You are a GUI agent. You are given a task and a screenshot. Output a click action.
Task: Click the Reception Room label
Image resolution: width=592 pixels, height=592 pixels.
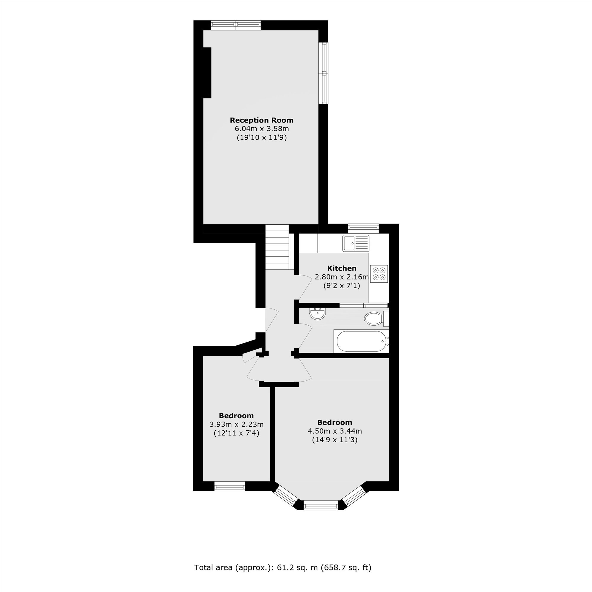[x=261, y=120]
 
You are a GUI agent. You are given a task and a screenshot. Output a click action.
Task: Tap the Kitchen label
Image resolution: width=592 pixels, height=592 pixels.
[x=342, y=268]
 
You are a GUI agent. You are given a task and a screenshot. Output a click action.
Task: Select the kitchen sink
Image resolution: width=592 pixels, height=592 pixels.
[x=356, y=243]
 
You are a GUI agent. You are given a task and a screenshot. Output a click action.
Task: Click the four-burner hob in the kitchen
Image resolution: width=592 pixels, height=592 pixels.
[x=379, y=274]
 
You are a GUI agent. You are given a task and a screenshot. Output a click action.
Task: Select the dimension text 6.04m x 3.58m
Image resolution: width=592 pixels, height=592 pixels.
[x=261, y=129]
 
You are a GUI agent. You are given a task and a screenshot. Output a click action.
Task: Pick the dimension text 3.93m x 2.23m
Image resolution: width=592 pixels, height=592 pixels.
[x=236, y=424]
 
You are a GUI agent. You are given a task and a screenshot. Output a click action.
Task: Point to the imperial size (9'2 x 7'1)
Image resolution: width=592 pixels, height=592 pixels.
[x=342, y=286]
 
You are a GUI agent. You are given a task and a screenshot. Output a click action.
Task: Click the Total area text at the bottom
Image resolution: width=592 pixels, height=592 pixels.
[x=282, y=568]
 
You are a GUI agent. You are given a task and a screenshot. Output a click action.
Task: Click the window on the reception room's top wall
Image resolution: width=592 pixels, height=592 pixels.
[x=236, y=25]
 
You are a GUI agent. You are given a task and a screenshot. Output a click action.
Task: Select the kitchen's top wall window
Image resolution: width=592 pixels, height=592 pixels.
[x=363, y=227]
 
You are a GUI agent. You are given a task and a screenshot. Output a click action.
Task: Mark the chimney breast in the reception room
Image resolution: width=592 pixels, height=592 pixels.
[x=207, y=73]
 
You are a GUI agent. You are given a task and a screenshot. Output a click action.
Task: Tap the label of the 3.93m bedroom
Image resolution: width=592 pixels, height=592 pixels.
[x=236, y=416]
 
